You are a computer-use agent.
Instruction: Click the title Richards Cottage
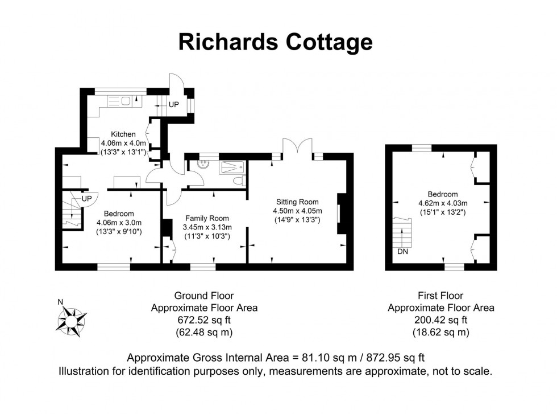tap(276, 42)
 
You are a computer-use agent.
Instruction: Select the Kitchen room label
tap(123, 134)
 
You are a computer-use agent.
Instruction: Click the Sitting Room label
tap(297, 202)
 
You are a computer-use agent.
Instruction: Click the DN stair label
tap(402, 251)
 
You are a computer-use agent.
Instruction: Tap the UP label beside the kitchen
tap(173, 105)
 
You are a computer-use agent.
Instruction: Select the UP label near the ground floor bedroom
tap(86, 198)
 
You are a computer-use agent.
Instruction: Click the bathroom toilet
tap(240, 181)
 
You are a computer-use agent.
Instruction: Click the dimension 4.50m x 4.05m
tap(297, 211)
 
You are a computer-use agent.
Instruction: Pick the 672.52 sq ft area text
tap(203, 320)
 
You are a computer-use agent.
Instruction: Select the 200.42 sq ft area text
tap(440, 320)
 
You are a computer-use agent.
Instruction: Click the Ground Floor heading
tap(203, 296)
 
